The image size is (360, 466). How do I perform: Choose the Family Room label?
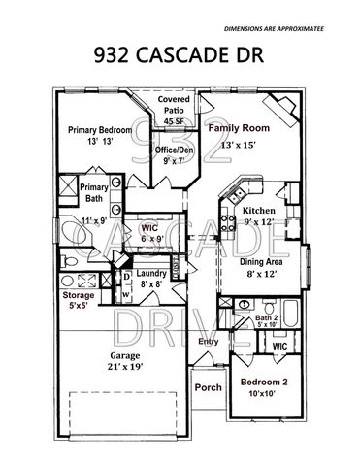click(240, 127)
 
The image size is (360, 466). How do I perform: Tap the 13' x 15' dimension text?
click(239, 146)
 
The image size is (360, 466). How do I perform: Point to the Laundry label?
click(152, 274)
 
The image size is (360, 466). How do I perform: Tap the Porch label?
click(208, 387)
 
